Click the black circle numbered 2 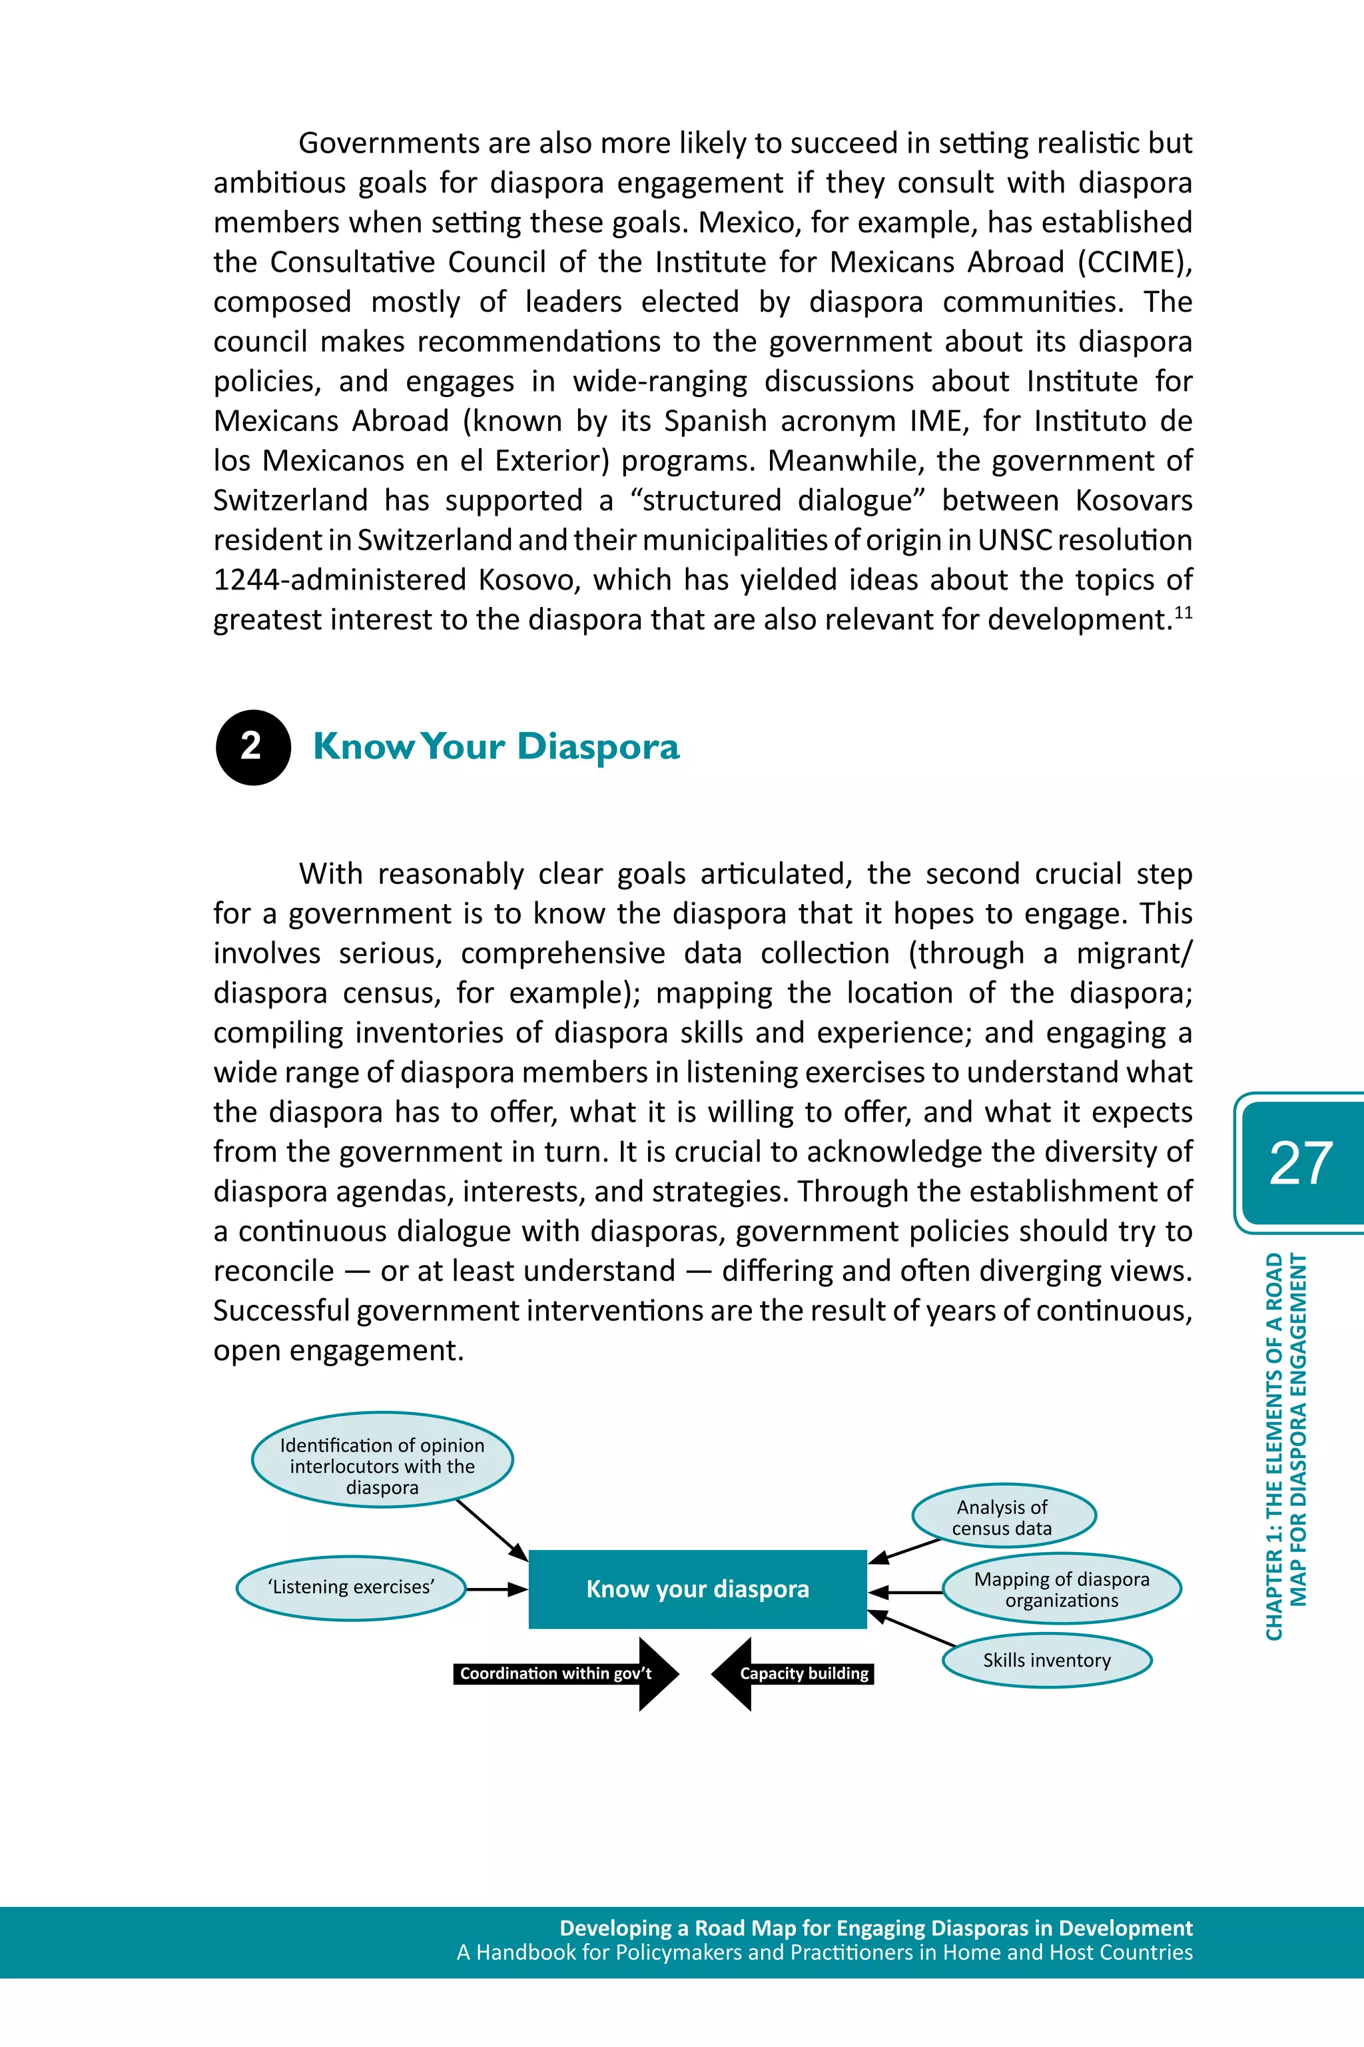click(252, 747)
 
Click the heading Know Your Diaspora click(496, 747)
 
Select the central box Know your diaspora click(698, 1589)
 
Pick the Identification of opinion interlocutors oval click(382, 1466)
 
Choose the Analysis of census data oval click(1002, 1517)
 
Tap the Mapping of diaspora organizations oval click(1061, 1589)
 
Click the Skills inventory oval click(1046, 1660)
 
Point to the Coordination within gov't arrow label click(556, 1674)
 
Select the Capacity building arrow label click(804, 1674)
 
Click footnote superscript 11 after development click(1183, 612)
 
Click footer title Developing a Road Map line click(875, 1928)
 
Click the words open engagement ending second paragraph click(338, 1350)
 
